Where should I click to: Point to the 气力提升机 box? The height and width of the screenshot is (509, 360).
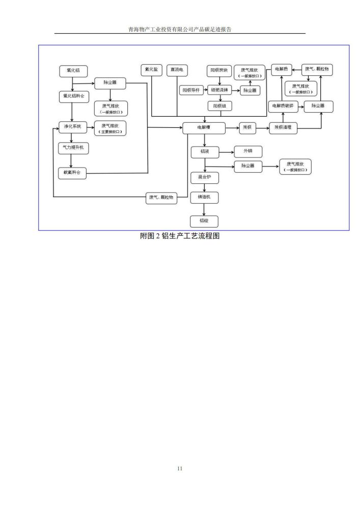tap(73, 148)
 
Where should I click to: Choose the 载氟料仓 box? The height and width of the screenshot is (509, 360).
tap(73, 173)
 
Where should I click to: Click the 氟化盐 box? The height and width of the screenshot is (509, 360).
tap(151, 70)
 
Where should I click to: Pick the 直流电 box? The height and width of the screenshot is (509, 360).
tap(177, 70)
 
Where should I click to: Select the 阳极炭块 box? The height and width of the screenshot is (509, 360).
tap(219, 70)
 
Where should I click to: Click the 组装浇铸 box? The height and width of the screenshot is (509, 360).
tap(219, 90)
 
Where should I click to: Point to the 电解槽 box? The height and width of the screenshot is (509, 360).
tap(204, 128)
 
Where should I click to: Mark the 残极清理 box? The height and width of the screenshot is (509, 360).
tap(283, 128)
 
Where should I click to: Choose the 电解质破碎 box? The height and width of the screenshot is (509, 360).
tap(283, 106)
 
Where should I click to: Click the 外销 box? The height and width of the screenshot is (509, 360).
tap(248, 151)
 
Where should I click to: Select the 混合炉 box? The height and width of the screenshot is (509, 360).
tap(204, 178)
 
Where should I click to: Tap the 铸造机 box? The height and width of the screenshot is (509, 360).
tap(204, 197)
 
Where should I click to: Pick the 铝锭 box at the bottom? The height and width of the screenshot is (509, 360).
tap(204, 221)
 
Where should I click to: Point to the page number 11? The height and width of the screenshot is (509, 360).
tap(179, 468)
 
